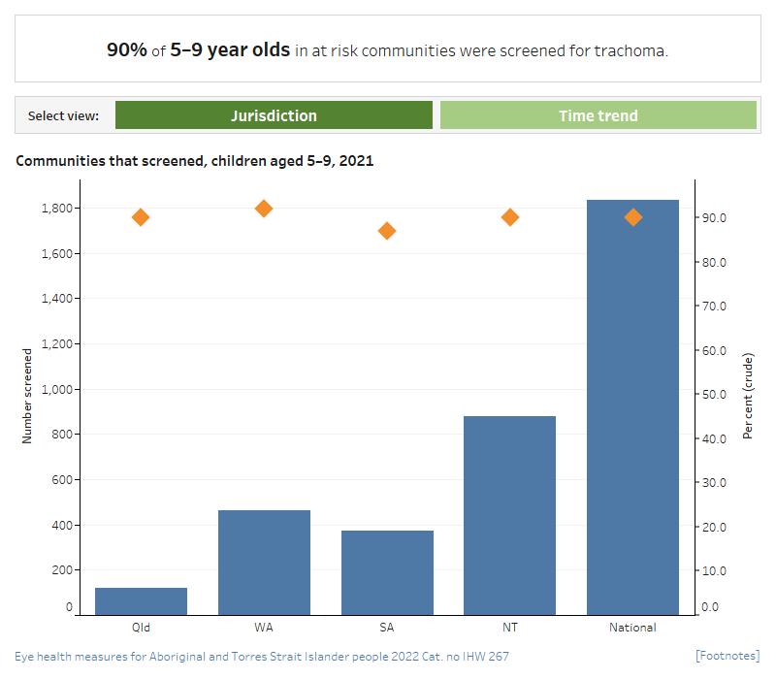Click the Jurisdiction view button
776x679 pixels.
tap(274, 115)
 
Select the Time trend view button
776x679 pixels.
tap(598, 115)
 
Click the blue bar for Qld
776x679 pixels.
tap(141, 600)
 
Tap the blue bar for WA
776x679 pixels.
tap(264, 562)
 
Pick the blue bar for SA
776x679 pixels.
tap(387, 572)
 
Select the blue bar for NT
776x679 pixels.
tap(510, 515)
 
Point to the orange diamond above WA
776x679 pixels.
tap(264, 209)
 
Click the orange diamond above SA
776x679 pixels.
tap(387, 231)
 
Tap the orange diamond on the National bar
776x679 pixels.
tap(633, 217)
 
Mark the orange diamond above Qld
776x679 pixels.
tap(141, 217)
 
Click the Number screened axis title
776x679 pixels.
tap(27, 396)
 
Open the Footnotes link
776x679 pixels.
tap(727, 657)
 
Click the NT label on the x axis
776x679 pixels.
tap(510, 628)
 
